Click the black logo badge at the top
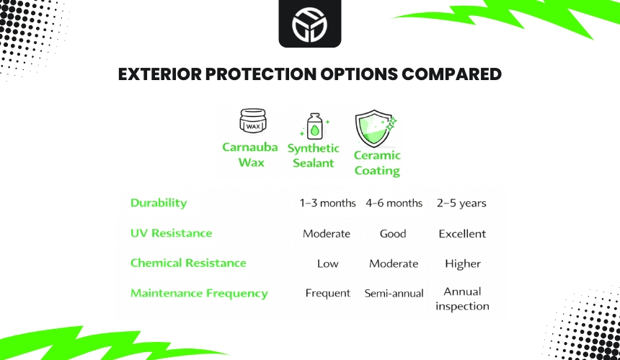pos(309,24)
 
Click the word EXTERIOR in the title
pos(160,74)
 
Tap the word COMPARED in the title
pos(451,74)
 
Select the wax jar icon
pos(252,120)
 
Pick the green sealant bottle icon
pos(315,126)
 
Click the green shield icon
pos(375,128)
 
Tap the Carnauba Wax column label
pos(250,154)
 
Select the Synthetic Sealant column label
pos(313,156)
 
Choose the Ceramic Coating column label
pos(377,163)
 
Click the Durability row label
pos(159,203)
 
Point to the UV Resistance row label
pos(171,233)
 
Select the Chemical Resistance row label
pos(188,263)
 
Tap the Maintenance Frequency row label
pos(199,293)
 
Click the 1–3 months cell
pos(328,203)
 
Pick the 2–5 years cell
pos(461,203)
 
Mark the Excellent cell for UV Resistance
pos(462,234)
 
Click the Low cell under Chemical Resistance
pos(328,263)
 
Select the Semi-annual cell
pos(394,293)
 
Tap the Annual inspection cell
pos(462,299)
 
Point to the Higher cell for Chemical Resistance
pos(463,263)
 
